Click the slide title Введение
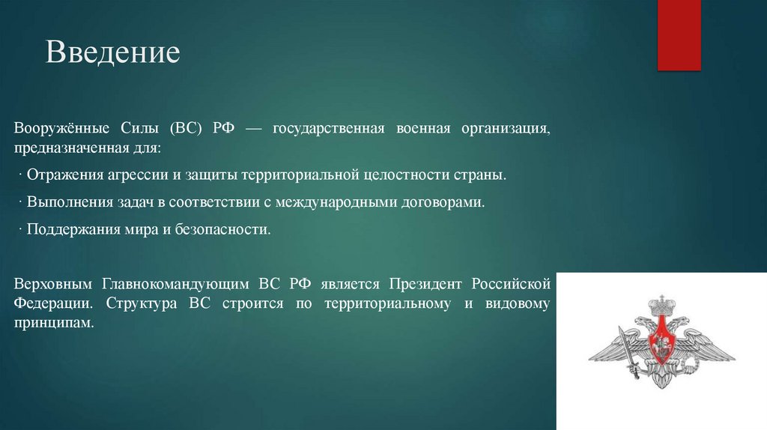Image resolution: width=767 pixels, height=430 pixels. [112, 53]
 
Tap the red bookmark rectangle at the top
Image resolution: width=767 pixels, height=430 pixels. [679, 34]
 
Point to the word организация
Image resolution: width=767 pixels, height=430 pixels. [506, 128]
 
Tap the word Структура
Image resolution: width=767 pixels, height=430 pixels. [142, 304]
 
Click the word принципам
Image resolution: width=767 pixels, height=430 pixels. [54, 324]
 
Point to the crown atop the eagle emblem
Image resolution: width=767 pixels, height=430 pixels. [662, 305]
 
